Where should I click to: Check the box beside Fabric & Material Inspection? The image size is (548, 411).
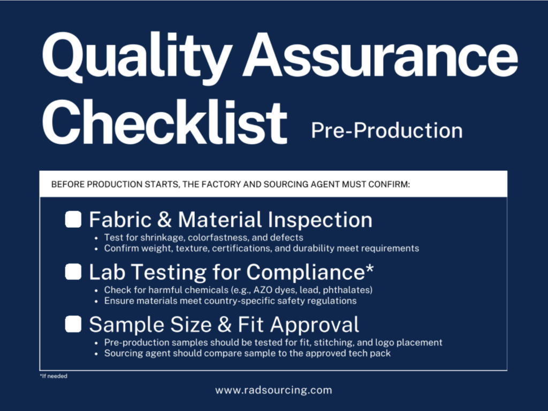[73, 220]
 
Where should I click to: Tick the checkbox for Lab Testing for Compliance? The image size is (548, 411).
[73, 272]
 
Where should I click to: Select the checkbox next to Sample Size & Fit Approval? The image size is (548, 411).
[73, 324]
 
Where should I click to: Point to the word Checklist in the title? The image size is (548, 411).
[165, 121]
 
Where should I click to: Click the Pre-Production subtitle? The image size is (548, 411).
[387, 130]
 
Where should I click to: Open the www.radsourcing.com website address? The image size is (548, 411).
[273, 390]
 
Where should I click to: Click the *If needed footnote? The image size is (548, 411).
[54, 376]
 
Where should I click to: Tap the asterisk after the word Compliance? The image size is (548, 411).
[370, 269]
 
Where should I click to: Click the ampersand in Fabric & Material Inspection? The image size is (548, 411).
[165, 220]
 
